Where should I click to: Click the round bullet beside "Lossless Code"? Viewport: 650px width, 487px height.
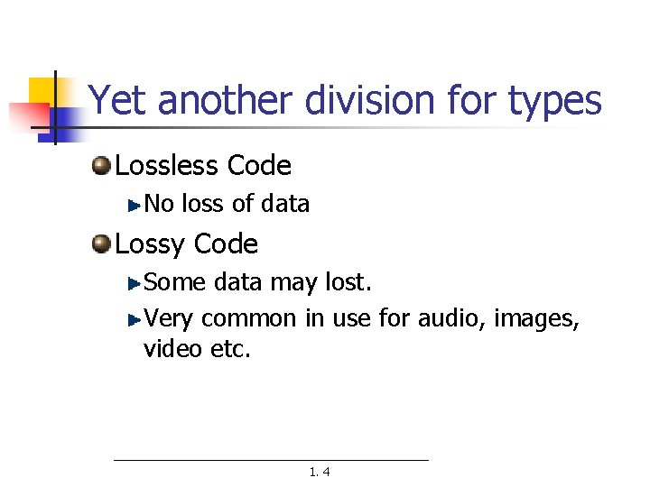point(101,165)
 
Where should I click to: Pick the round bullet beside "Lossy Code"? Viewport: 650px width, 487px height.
point(101,243)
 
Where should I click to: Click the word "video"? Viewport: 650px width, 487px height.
point(172,348)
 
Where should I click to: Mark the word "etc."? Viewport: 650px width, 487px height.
point(229,348)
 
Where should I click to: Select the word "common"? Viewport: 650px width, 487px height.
point(248,318)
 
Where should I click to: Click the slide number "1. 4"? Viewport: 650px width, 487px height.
point(319,472)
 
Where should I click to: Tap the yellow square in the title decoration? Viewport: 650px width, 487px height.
point(42,90)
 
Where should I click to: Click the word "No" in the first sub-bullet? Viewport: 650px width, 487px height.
point(159,204)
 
